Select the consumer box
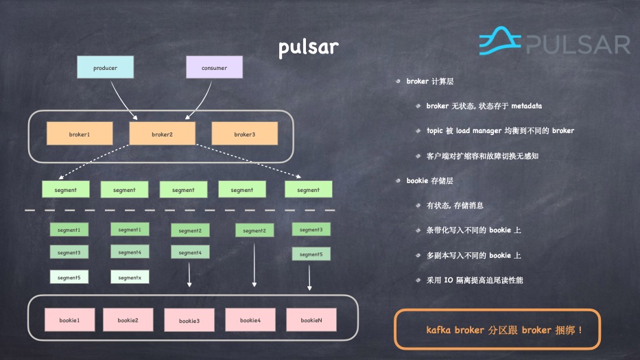pyautogui.click(x=215, y=68)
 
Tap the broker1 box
pyautogui.click(x=80, y=134)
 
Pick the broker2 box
pyautogui.click(x=162, y=134)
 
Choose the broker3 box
pyautogui.click(x=244, y=134)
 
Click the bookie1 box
pyautogui.click(x=69, y=320)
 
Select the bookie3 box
pyautogui.click(x=189, y=321)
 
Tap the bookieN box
pyautogui.click(x=311, y=320)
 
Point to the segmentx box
pyautogui.click(x=130, y=277)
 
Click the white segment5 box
pyautogui.click(x=69, y=277)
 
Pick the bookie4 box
pyautogui.click(x=251, y=320)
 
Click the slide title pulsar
pyautogui.click(x=308, y=48)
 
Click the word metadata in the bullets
pyautogui.click(x=521, y=106)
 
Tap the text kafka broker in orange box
pyautogui.click(x=454, y=330)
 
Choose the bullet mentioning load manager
pyautogui.click(x=500, y=130)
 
